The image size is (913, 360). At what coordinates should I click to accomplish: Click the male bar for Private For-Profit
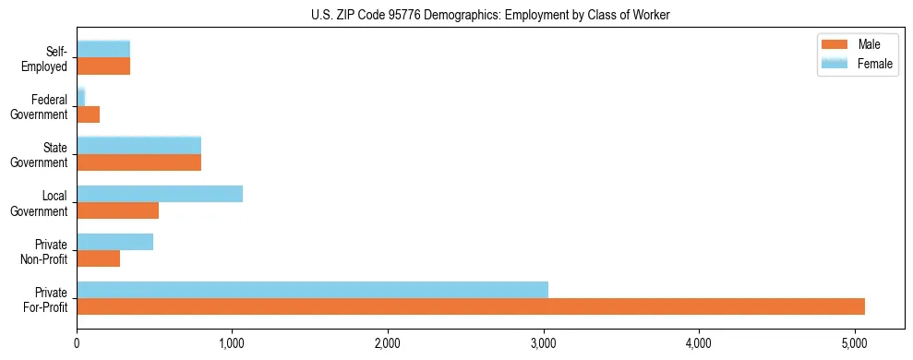point(471,306)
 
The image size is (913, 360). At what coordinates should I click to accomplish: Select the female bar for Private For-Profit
point(312,290)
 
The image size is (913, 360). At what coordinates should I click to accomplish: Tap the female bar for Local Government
point(160,194)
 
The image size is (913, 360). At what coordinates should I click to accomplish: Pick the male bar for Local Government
point(117,210)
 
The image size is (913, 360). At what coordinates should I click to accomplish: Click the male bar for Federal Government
point(88,114)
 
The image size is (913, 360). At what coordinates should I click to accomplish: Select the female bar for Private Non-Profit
point(114,242)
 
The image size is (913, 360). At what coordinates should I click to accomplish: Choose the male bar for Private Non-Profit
point(98,258)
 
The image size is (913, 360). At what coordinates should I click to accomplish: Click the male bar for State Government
point(138,162)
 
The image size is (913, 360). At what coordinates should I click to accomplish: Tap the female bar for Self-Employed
point(103,50)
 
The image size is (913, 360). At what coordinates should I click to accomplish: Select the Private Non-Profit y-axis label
point(47,251)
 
